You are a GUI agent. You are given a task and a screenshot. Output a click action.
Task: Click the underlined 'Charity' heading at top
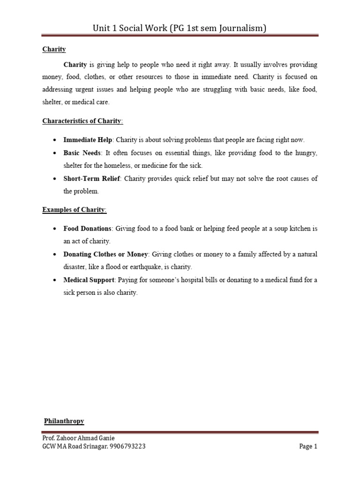[x=54, y=49]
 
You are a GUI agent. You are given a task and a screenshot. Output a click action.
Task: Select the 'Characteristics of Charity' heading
[x=82, y=121]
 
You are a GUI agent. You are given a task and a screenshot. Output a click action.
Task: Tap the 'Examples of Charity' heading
[x=75, y=210]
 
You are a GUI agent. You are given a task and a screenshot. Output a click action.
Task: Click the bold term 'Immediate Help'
[x=88, y=140]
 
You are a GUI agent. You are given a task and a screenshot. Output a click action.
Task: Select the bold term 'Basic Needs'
[x=82, y=153]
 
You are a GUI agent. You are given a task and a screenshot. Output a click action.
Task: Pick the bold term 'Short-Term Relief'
[x=92, y=179]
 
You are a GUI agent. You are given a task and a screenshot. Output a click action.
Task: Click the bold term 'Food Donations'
[x=88, y=229]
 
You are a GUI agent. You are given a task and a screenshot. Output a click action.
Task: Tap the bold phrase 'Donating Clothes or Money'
[x=106, y=255]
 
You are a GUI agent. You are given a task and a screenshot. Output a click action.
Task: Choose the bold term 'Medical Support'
[x=89, y=280]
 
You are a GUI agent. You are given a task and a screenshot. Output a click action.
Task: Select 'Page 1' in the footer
[x=308, y=447]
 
